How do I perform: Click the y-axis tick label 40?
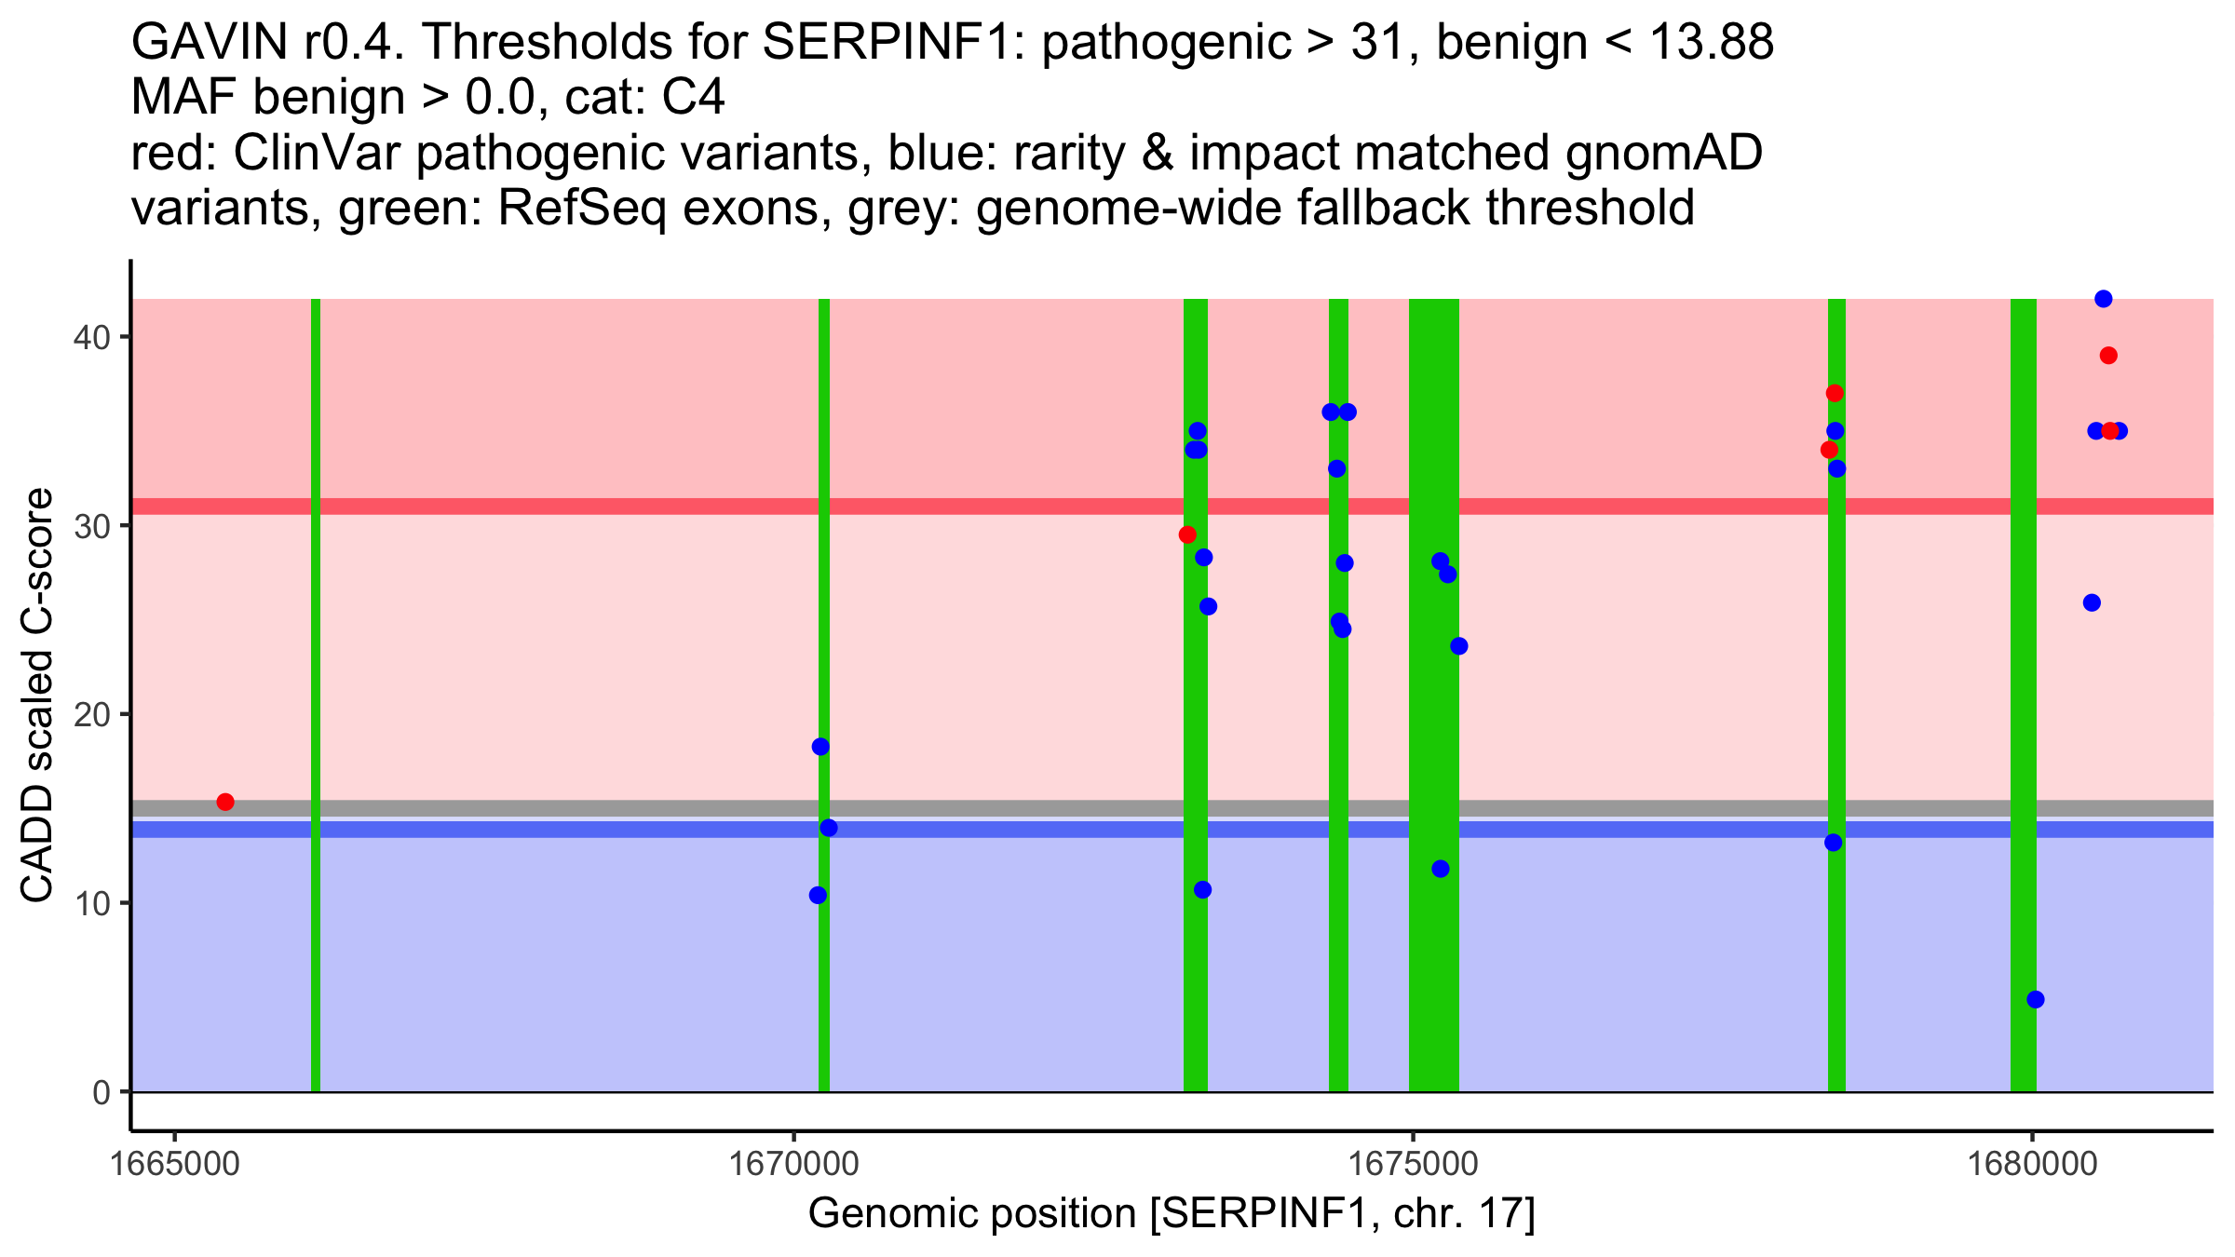(90, 337)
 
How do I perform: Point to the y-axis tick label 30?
(90, 526)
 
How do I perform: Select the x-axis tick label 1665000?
(174, 1165)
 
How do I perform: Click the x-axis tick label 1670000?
(793, 1165)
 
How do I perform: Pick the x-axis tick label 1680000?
(2032, 1165)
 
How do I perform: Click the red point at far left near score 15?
(225, 802)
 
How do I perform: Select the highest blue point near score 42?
(2104, 299)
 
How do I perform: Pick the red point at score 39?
(2109, 356)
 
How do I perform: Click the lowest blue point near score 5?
(2036, 1000)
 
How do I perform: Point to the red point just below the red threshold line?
(1187, 534)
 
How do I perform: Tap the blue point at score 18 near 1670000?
(820, 747)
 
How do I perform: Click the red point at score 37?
(1835, 393)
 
